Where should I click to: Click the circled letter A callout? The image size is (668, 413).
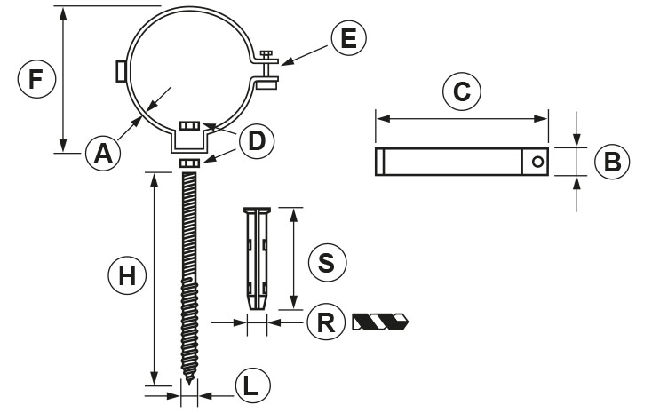coord(104,154)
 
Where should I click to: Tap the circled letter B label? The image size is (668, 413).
coord(610,162)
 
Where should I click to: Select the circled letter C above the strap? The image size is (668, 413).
coord(461,91)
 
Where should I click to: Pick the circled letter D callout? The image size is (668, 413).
coord(257,139)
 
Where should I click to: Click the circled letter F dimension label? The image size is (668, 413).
coord(36,79)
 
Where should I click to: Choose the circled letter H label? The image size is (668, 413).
coord(127,276)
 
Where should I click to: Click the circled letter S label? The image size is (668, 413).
coord(326,262)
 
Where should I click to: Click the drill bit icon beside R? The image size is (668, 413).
coord(380,321)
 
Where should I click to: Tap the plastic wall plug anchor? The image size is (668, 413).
coord(256,258)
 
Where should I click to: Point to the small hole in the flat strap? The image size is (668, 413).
coord(537,162)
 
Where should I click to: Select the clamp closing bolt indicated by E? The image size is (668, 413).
coord(265,68)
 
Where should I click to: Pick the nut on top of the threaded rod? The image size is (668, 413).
coord(189,163)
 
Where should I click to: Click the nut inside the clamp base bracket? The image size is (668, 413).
coord(189,127)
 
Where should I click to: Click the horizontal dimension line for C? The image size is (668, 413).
coord(461,117)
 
